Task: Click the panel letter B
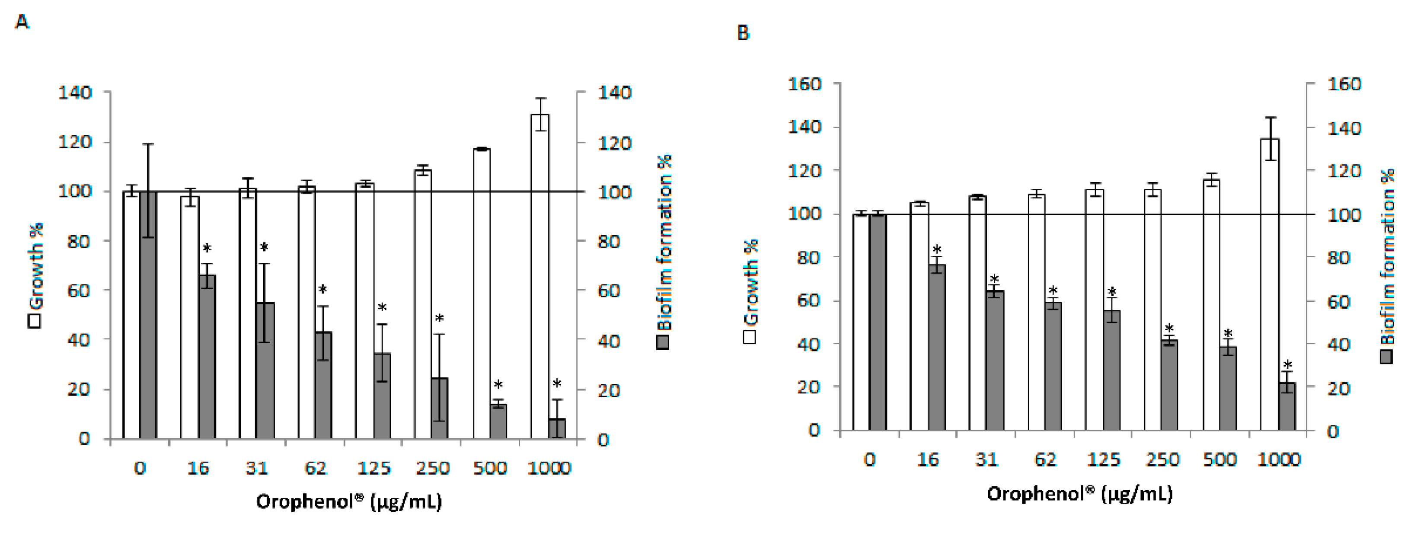click(743, 33)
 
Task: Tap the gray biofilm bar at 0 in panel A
click(148, 315)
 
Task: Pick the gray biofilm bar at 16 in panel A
click(207, 356)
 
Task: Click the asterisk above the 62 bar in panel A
click(322, 290)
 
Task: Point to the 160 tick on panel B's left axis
click(804, 84)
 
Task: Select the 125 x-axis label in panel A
click(373, 468)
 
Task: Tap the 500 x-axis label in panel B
click(1220, 459)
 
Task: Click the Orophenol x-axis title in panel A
click(349, 502)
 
